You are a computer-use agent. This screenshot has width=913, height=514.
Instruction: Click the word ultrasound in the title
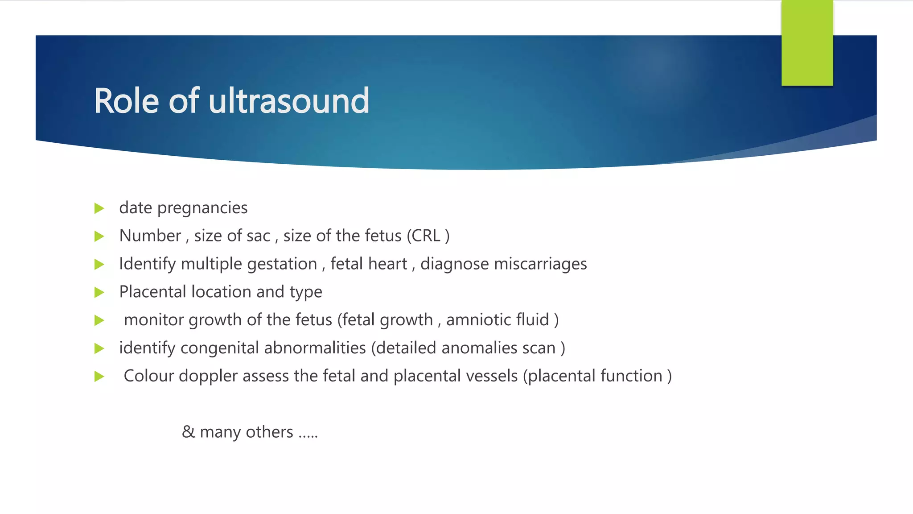(288, 101)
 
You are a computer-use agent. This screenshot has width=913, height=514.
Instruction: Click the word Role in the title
(126, 101)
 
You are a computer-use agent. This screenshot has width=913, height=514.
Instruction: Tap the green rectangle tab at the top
(807, 43)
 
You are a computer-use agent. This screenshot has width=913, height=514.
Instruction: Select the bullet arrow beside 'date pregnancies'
(99, 208)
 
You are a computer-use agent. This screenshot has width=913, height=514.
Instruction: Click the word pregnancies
(202, 208)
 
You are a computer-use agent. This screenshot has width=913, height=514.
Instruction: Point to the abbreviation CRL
(425, 236)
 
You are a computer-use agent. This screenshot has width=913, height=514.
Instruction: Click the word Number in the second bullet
(150, 236)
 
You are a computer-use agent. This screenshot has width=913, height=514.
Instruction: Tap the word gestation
(282, 264)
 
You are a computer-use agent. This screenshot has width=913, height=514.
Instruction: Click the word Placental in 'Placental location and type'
(152, 292)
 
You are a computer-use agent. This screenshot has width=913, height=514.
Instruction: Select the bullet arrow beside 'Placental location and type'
(99, 293)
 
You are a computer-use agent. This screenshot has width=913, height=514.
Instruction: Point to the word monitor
(154, 320)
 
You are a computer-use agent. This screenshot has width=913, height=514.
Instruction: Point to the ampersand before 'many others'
(188, 432)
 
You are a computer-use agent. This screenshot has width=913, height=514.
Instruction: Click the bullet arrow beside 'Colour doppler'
(99, 377)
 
